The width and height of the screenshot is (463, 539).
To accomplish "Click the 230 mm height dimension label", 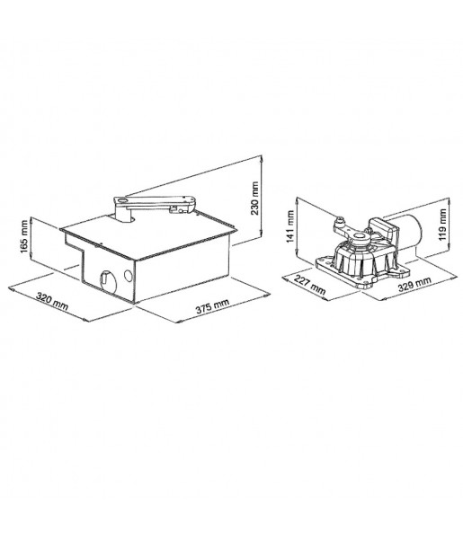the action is coord(254,198).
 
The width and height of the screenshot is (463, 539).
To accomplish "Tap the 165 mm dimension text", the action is coord(24,237).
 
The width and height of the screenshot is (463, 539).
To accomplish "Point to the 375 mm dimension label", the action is coord(212,306).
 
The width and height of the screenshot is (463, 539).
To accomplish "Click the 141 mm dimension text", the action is coord(290,226).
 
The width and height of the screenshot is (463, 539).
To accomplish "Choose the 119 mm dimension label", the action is coord(442,225).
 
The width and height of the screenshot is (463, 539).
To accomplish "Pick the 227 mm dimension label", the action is coord(309,286).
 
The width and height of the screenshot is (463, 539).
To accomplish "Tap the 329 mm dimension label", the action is coord(414,284).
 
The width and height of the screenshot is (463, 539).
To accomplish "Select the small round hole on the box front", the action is coord(128,276).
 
